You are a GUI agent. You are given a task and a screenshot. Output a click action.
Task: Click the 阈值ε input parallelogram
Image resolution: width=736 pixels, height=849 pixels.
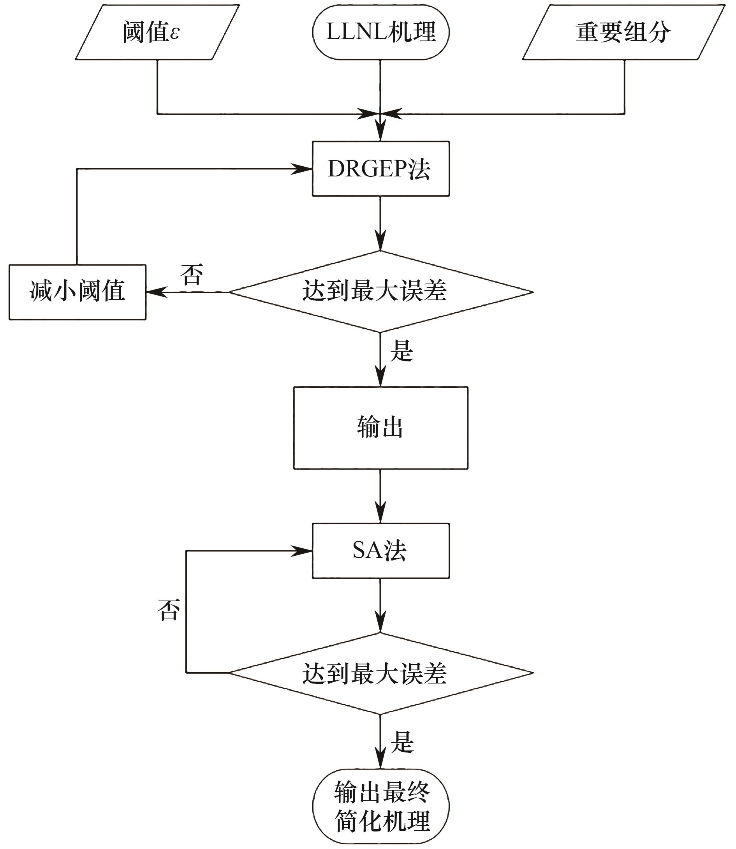tap(157, 33)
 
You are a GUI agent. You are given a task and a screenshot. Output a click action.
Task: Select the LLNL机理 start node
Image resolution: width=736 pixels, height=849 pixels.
tap(380, 33)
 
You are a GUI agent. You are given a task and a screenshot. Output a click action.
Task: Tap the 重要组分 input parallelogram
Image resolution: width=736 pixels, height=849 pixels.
tap(623, 33)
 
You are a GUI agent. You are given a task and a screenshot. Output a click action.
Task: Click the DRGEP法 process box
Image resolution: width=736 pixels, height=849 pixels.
tap(380, 169)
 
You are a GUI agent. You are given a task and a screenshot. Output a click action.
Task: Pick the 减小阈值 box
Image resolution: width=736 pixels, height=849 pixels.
tap(77, 292)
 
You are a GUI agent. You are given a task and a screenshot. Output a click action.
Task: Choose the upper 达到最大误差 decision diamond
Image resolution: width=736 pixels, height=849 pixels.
tap(380, 292)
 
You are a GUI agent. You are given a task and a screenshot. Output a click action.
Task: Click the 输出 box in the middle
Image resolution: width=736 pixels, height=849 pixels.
tap(380, 428)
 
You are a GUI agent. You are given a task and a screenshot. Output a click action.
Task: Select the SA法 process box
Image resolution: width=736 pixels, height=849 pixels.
tap(380, 551)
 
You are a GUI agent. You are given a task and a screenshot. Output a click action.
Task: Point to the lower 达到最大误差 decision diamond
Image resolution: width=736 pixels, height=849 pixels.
tap(380, 673)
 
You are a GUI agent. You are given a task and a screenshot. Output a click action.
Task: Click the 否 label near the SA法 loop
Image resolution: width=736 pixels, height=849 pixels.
tap(169, 610)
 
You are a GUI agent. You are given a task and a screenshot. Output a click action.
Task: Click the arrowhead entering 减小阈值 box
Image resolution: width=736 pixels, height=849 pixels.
tap(157, 292)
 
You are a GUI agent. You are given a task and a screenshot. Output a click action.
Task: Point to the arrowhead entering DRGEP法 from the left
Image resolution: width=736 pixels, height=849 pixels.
tap(302, 169)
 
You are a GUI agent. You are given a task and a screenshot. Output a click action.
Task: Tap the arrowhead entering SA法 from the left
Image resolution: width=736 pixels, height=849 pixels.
tap(302, 551)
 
